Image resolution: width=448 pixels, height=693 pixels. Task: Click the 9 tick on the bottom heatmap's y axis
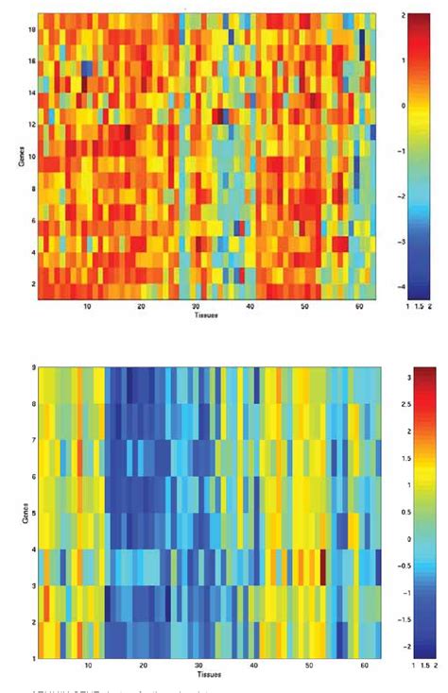point(32,367)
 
